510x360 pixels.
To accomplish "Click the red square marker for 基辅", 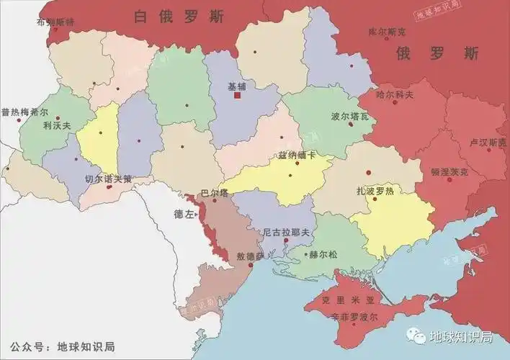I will coord(237,95).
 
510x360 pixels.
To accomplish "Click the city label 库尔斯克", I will coord(387,32).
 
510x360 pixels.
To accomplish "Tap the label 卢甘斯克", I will coord(487,143).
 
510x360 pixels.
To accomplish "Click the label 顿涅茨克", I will coord(449,172).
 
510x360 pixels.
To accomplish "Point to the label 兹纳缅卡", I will coord(297,156).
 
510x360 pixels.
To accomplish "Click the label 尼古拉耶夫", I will coord(286,232).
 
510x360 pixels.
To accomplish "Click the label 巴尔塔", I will coord(214,193).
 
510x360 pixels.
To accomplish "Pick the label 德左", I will coord(184,214).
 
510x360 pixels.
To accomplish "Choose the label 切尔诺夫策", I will coord(108,179).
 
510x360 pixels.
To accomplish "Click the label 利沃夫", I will coord(57,125).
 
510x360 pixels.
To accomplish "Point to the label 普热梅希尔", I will coord(24,112).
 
